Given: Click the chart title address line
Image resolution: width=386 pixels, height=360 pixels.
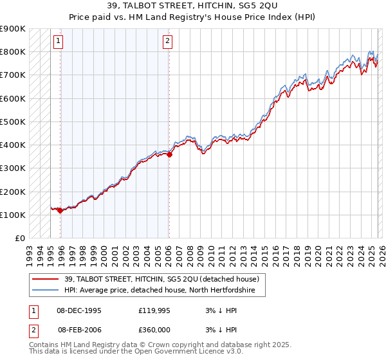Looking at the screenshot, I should (x=193, y=6).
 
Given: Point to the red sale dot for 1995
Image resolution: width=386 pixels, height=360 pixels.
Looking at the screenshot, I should (x=60, y=210).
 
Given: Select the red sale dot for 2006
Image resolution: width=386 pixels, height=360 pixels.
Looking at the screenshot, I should (x=169, y=154).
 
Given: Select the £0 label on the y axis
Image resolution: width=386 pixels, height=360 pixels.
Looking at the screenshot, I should (x=19, y=239).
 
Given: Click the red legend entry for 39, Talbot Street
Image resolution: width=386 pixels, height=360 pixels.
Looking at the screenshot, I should (x=161, y=279).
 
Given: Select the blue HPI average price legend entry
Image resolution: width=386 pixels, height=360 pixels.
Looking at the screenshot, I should (x=160, y=291).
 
